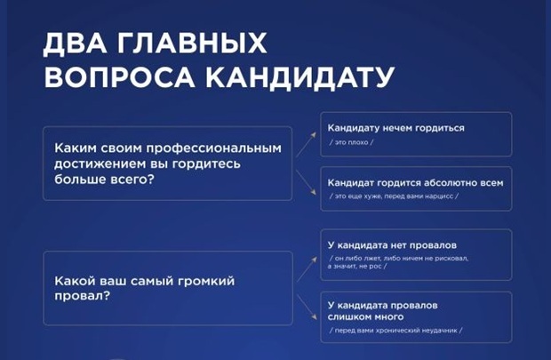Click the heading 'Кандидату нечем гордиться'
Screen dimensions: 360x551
[x=395, y=128]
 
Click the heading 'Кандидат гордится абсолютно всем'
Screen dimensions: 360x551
[x=415, y=182]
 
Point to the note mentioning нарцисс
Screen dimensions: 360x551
[x=396, y=196]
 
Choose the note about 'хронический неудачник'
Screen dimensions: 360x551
[x=395, y=330]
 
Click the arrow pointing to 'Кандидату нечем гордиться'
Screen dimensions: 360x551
[x=307, y=140]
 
